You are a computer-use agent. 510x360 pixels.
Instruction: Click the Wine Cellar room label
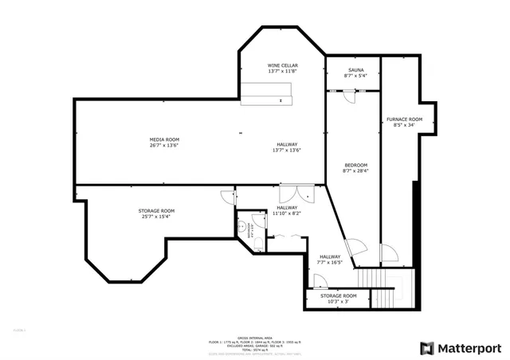(x=282, y=65)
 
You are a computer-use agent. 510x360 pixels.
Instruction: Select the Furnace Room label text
(x=404, y=119)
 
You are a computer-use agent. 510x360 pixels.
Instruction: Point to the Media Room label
(x=164, y=139)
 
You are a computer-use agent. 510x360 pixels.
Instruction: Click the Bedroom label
(x=355, y=165)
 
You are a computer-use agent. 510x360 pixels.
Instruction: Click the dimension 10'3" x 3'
(x=339, y=302)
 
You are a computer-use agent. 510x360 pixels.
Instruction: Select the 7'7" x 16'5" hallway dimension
(x=329, y=262)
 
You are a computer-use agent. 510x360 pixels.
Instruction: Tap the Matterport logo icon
(x=427, y=348)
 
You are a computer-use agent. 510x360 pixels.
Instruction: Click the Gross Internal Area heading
(x=255, y=337)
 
